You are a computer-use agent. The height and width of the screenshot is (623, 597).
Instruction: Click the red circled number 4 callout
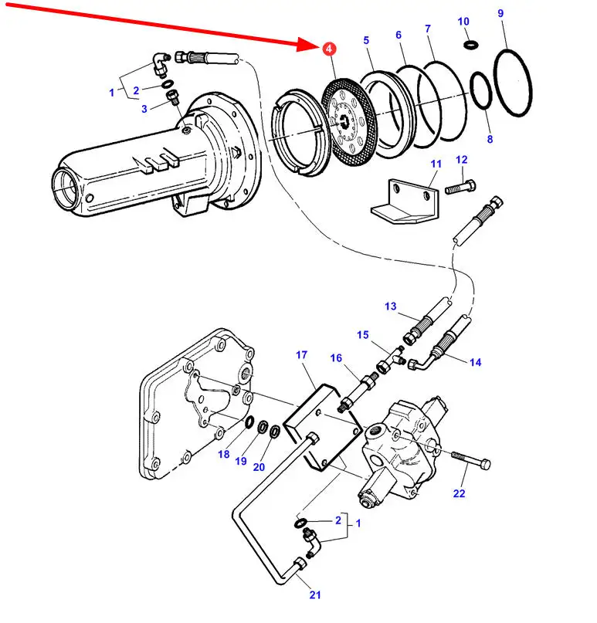(329, 49)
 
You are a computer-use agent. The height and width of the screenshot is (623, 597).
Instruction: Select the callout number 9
(500, 13)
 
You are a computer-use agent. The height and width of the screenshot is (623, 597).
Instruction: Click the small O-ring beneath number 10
(470, 45)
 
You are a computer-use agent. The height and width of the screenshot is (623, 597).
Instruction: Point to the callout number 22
(459, 493)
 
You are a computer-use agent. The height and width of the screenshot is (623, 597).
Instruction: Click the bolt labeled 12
(460, 187)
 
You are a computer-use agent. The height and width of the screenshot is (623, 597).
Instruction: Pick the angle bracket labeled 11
(405, 201)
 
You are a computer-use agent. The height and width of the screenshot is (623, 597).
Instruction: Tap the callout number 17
(302, 354)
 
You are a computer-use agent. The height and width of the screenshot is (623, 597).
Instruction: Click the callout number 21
(315, 594)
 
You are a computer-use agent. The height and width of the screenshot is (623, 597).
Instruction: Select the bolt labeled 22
(470, 460)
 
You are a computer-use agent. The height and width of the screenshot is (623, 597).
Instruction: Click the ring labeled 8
(481, 90)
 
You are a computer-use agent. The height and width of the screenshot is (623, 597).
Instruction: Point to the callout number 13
(390, 306)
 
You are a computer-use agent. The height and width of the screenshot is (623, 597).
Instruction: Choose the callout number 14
(476, 362)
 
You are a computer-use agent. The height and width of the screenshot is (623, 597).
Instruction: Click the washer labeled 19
(263, 428)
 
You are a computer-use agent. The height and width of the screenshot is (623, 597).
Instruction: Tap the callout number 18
(224, 454)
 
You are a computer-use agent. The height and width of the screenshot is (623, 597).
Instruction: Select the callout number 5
(366, 40)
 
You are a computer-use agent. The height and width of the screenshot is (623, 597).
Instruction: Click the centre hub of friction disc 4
(344, 120)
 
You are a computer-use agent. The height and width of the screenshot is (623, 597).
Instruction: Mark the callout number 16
(336, 358)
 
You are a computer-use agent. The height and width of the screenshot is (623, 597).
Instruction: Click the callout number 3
(144, 109)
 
